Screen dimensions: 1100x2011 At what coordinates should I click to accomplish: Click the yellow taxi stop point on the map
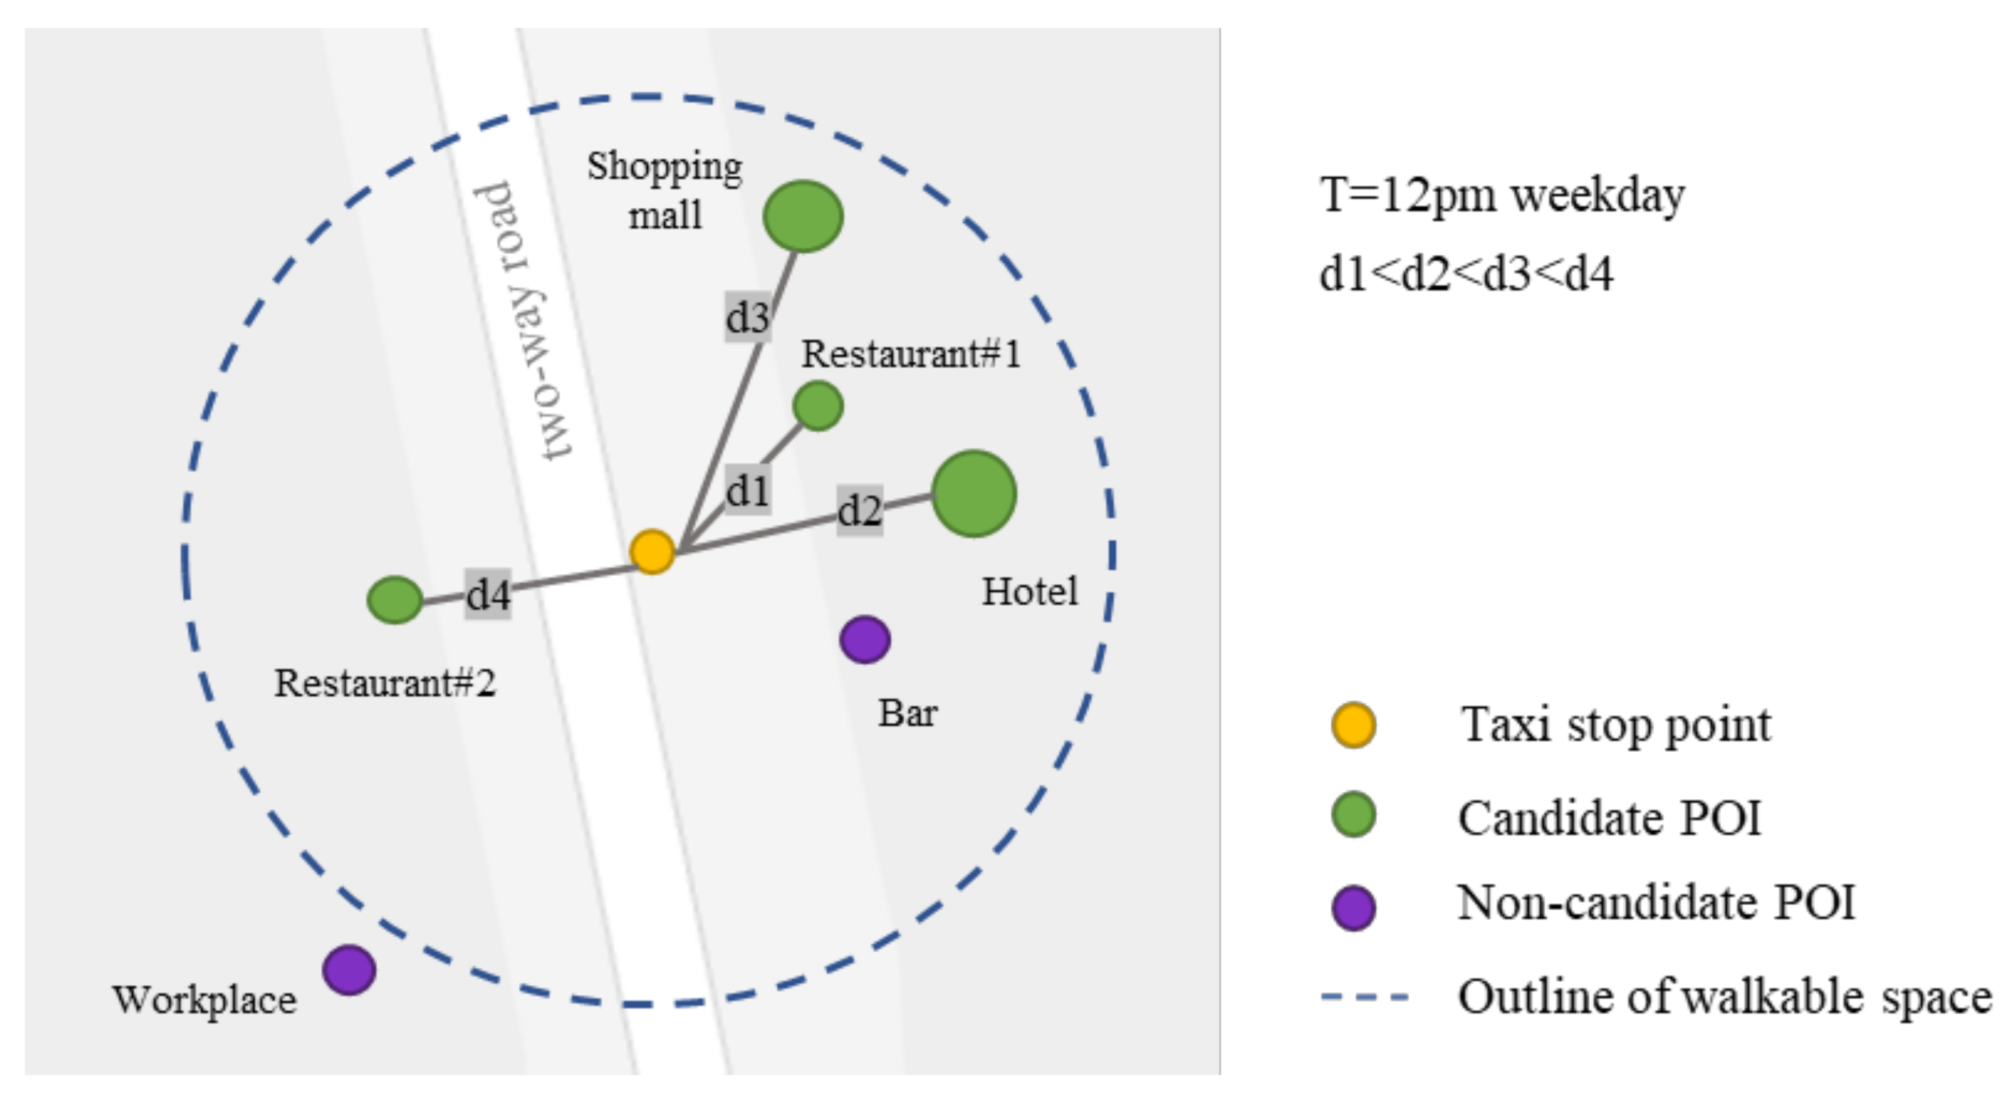(x=652, y=552)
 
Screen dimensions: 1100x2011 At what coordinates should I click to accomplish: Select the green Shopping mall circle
(x=802, y=216)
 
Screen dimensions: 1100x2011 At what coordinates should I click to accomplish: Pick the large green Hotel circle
(x=973, y=494)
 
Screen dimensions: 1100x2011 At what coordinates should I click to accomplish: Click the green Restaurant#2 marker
(x=395, y=599)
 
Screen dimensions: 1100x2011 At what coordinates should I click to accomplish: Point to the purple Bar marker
(x=865, y=639)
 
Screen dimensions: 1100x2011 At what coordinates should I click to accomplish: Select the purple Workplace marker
(x=349, y=970)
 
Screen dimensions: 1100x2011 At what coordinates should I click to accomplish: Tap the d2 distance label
(x=860, y=510)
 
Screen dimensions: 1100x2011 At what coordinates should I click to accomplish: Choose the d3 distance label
(x=748, y=317)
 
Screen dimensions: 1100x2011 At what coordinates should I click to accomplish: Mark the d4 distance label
(x=488, y=594)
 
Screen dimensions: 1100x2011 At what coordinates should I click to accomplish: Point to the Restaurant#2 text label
(x=385, y=683)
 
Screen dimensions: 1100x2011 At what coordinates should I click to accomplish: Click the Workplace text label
(x=204, y=1000)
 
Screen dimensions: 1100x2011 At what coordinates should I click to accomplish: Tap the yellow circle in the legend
(x=1353, y=725)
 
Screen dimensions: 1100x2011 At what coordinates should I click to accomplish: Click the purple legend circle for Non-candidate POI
(x=1353, y=907)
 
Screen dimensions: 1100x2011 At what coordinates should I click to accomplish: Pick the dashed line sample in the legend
(x=1365, y=997)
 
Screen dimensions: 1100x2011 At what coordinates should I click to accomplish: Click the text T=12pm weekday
(x=1501, y=195)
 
